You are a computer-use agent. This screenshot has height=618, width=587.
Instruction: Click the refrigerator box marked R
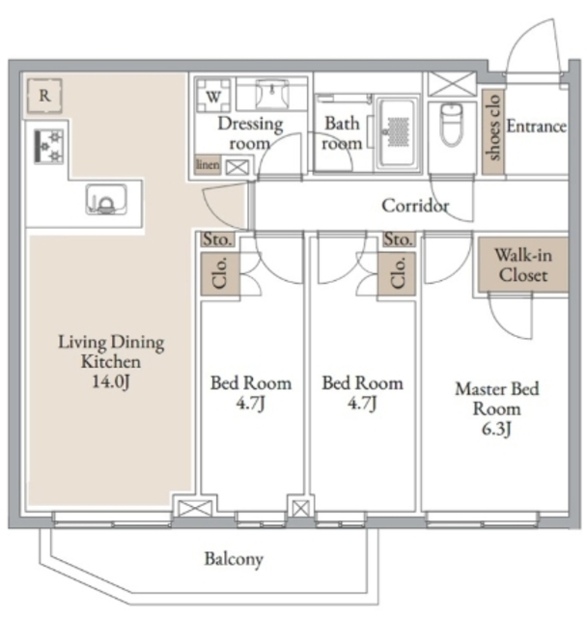pos(44,96)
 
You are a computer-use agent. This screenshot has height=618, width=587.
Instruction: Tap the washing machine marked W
pos(213,97)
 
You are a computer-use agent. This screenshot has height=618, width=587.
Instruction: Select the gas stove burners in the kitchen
pos(49,147)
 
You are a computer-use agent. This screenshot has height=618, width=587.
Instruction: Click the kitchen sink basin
pos(106,200)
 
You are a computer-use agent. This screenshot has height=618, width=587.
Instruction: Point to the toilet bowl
pos(452,125)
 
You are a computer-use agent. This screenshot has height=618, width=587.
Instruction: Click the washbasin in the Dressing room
pos(272,94)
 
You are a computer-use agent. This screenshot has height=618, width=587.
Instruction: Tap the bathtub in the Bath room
pos(397,133)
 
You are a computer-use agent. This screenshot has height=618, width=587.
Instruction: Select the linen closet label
pos(208,165)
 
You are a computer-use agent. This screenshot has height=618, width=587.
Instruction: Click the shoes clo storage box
pos(492,131)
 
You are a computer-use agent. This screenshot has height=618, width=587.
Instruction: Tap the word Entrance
pos(536,126)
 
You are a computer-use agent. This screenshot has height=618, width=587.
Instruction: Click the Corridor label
pos(415,206)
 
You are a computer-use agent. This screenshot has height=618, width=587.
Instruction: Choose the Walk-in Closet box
pos(523,265)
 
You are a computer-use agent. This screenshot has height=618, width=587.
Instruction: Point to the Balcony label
pos(234,559)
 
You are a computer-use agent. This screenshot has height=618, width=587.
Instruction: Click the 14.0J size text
pos(111,381)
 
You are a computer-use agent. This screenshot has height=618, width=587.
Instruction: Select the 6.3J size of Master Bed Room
pos(496,429)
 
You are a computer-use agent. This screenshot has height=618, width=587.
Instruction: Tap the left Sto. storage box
pos(217,239)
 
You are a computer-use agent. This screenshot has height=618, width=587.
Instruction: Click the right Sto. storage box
pos(399,239)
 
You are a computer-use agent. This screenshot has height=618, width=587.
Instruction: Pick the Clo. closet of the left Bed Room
pos(220,273)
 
